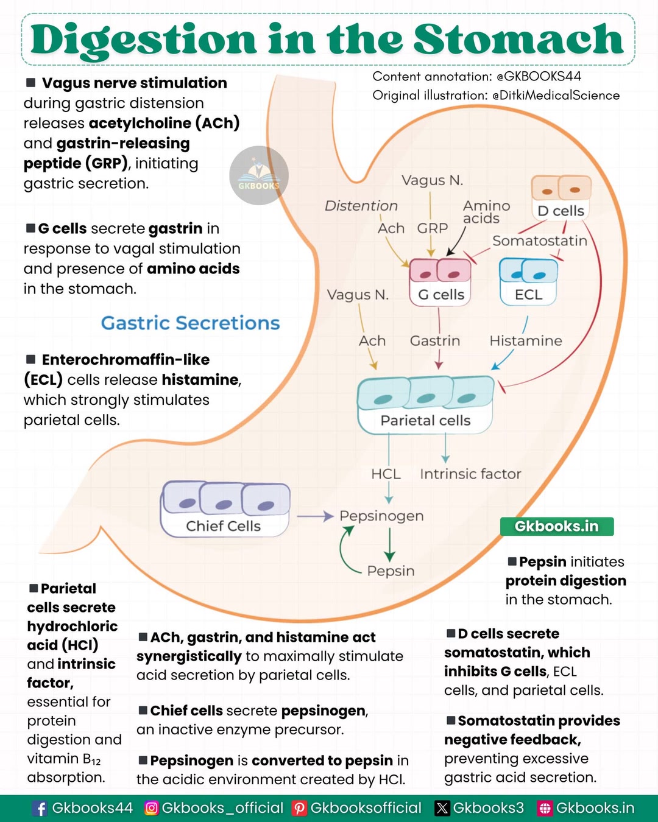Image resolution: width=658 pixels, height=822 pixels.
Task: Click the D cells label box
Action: pos(561,211)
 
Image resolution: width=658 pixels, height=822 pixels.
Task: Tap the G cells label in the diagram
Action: pos(441,295)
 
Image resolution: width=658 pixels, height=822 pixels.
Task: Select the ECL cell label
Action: pos(528,295)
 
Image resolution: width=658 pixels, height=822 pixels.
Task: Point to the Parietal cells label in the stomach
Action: pos(425,420)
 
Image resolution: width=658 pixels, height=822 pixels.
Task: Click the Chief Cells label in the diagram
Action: pos(223,526)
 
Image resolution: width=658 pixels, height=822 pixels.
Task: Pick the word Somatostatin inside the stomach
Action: pos(539,241)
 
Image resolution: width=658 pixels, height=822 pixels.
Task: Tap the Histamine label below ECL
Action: pos(526,341)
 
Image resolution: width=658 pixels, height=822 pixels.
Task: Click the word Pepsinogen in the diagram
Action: pos(381,516)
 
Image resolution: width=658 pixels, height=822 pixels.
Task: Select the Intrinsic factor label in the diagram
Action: pos(470,474)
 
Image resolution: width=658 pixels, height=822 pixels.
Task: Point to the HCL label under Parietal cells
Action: pos(386,474)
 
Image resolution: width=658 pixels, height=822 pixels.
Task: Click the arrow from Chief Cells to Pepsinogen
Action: pos(316,516)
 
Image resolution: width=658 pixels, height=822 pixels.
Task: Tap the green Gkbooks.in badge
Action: pos(557,526)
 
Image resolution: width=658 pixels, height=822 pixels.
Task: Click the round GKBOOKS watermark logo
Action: pos(259,175)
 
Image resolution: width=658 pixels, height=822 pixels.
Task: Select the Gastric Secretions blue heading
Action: pos(191,323)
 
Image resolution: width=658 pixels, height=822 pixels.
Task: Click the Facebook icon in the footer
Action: pos(39,808)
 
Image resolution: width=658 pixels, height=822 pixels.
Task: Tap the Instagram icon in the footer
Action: pos(151,808)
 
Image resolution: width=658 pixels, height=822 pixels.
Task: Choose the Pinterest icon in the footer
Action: pos(299,808)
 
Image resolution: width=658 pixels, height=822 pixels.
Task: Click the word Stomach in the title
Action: pos(518,39)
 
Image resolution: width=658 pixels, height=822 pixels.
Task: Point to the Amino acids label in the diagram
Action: pos(486,212)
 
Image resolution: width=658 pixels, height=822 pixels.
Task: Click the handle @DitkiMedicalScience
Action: pos(556,95)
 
